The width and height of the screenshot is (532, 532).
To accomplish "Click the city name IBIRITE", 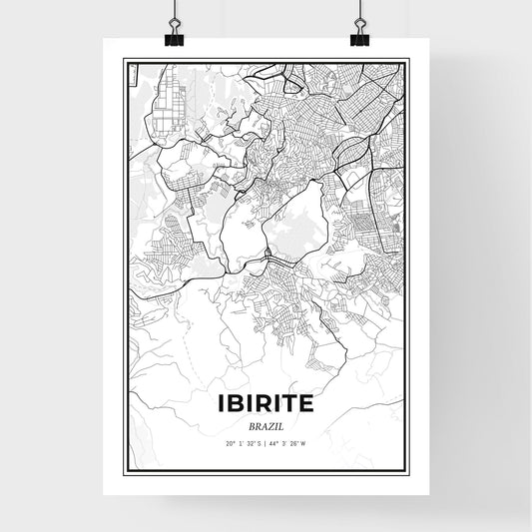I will tap(265, 403).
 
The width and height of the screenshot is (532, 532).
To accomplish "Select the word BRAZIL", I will tap(265, 424).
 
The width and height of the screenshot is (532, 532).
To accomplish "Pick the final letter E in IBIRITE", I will tap(306, 403).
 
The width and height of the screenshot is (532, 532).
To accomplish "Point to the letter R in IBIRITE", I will tap(257, 403).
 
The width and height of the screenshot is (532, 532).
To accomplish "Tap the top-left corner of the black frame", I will tap(125, 59).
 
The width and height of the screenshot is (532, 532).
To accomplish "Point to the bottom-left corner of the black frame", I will tap(125, 471).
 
